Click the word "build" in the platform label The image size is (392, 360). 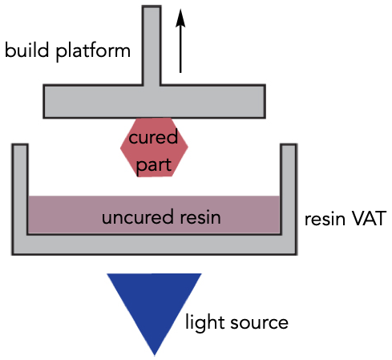(x=27, y=50)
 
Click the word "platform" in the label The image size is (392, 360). (x=93, y=51)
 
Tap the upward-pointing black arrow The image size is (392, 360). (x=180, y=41)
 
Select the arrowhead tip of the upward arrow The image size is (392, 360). (x=180, y=9)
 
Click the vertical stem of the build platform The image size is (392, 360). (x=152, y=46)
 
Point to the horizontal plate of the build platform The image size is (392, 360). (x=154, y=101)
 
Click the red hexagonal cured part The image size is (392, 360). (x=154, y=148)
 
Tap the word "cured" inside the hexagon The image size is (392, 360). (x=153, y=136)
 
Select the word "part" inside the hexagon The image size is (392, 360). (x=154, y=166)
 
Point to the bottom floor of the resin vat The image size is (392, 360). (x=154, y=245)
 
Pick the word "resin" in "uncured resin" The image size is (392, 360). (x=200, y=217)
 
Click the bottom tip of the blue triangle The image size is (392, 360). (x=155, y=355)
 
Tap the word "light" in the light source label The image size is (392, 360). (x=204, y=323)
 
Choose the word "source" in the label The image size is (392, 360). (x=259, y=323)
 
